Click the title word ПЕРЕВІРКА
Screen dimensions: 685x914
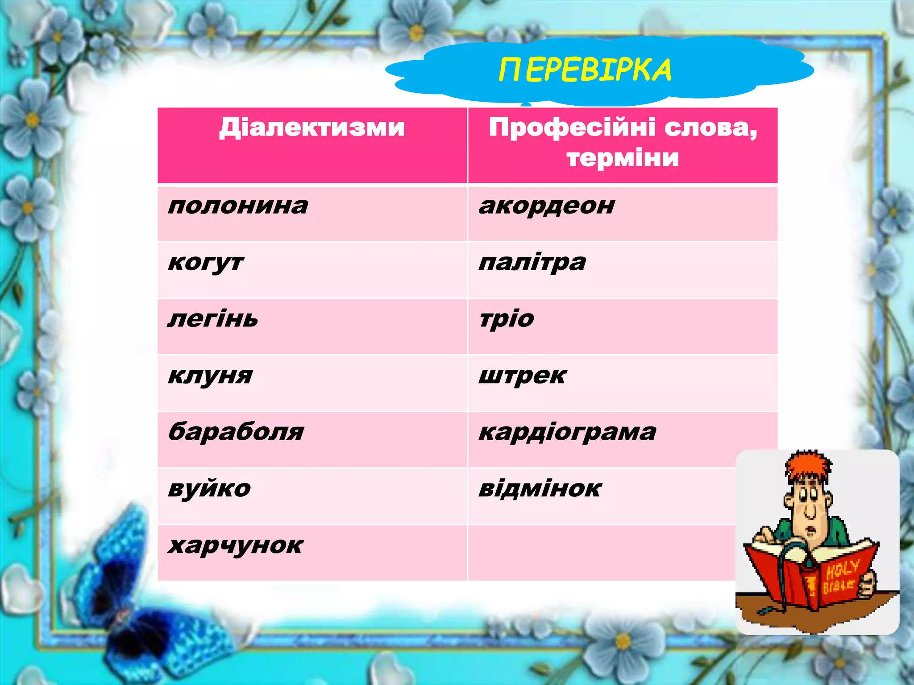pos(585,70)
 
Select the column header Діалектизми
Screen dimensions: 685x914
pos(312,128)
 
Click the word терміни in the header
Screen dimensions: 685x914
pos(623,158)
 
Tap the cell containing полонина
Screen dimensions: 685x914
pos(238,206)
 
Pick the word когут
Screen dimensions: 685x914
pos(206,263)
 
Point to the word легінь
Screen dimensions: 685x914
pos(213,319)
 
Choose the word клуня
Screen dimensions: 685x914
pos(210,376)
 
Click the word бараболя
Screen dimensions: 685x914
pos(236,432)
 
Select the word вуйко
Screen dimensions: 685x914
pos(209,489)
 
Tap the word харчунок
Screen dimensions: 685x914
pos(236,545)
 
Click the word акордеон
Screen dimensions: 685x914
pos(547,206)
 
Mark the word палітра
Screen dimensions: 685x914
pos(532,263)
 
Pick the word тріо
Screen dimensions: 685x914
pos(507,319)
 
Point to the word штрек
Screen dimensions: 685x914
pos(522,376)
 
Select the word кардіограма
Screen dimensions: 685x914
pos(567,432)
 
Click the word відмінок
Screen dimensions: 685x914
pos(540,489)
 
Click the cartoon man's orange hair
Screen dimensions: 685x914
pos(808,466)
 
